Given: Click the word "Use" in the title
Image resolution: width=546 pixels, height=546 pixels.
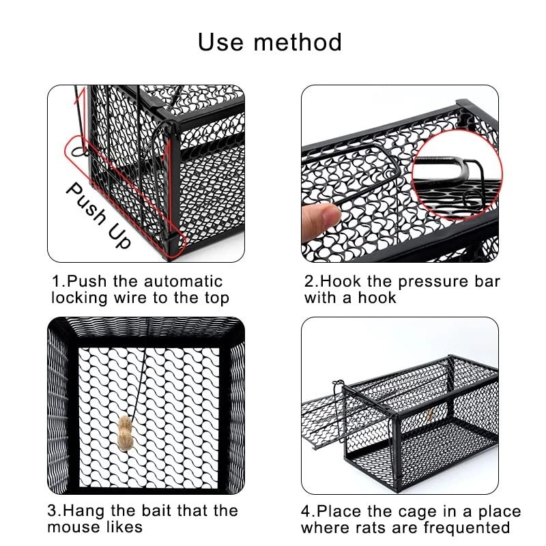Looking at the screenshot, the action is (x=220, y=42).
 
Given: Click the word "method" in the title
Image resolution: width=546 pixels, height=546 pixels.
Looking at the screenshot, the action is (x=298, y=42).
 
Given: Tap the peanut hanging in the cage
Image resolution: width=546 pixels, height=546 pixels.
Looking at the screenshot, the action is (x=126, y=433).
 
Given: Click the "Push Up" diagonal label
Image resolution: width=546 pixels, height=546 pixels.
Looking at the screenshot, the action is (x=98, y=214).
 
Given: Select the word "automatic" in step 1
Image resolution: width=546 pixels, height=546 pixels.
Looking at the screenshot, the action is (x=184, y=281).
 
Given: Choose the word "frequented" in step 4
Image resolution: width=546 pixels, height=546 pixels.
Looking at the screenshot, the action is (x=467, y=528).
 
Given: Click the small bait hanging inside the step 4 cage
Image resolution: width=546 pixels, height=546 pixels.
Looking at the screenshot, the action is (x=430, y=414).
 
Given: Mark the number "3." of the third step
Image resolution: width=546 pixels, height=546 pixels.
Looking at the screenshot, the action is (x=55, y=511).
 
